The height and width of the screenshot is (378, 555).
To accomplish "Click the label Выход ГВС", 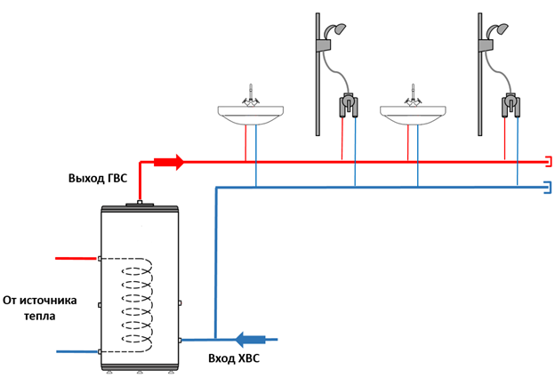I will [97, 178].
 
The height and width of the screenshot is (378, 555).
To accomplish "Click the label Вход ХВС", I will [232, 358].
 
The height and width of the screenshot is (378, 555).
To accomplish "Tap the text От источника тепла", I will [39, 308].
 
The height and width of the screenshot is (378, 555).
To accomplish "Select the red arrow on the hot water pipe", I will [168, 162].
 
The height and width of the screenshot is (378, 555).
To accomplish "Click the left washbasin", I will [252, 115].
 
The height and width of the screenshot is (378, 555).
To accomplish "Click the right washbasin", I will [413, 115].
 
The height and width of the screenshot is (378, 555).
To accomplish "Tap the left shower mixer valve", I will [348, 107].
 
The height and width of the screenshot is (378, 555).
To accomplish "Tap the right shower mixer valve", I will [511, 107].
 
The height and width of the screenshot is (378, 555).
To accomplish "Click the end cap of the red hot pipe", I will [549, 162].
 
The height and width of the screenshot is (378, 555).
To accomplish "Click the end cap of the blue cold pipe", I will [549, 187].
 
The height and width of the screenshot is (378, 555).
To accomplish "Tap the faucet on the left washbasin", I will [252, 94].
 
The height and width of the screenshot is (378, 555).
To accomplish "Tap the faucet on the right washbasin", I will [413, 94].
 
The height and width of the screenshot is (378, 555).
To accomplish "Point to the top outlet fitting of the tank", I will [141, 203].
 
